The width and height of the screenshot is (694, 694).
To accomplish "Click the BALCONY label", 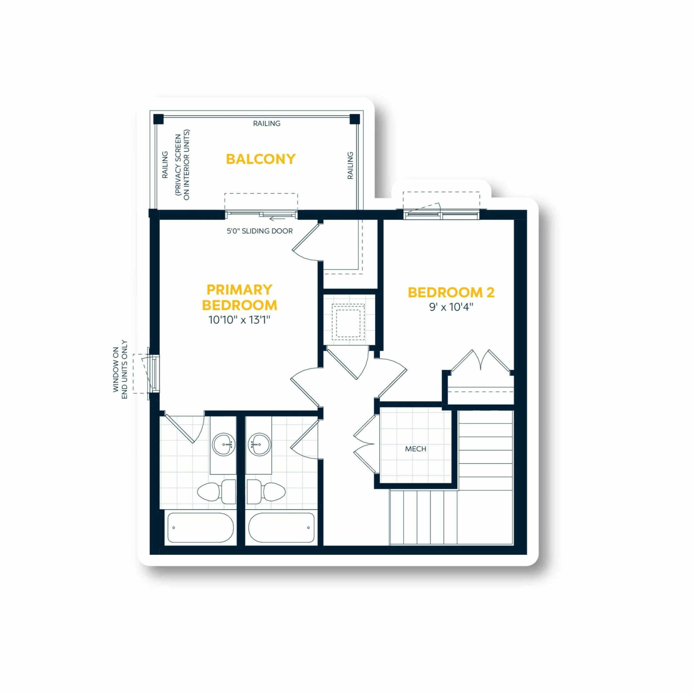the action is [x=260, y=159].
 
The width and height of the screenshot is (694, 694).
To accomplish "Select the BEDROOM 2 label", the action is [x=451, y=292].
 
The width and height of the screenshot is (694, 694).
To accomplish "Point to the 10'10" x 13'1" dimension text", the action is [x=239, y=320].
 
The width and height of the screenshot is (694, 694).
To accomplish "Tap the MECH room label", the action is [x=416, y=449].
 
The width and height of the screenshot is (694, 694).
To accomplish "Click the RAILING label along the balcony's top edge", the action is [x=266, y=124].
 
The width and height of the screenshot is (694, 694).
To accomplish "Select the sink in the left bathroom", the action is [x=224, y=445].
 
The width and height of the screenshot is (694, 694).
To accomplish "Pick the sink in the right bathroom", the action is [x=259, y=445].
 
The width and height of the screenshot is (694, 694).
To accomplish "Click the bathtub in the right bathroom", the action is [x=281, y=528].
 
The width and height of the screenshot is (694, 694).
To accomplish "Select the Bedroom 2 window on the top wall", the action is [x=441, y=215].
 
